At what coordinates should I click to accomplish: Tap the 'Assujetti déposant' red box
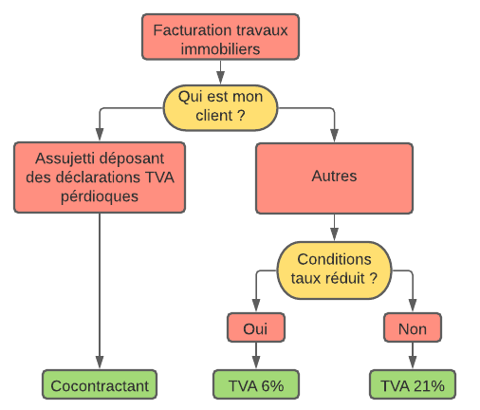99,177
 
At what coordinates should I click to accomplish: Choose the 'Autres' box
333,177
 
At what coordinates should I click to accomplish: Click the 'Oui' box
256,328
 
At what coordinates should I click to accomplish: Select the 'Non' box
413,328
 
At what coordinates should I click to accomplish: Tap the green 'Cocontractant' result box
99,384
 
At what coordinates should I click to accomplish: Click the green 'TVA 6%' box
256,384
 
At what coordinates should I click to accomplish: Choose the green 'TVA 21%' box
413,384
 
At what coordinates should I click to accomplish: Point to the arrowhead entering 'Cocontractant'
99,364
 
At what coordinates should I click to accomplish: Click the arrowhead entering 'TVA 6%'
256,364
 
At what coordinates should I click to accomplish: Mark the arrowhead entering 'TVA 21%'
413,364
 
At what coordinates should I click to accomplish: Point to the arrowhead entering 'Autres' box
333,138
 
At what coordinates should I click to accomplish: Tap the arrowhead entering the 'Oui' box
256,308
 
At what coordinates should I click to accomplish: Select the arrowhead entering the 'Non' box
413,308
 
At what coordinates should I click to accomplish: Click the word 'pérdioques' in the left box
99,196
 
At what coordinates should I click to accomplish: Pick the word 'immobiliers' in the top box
221,47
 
